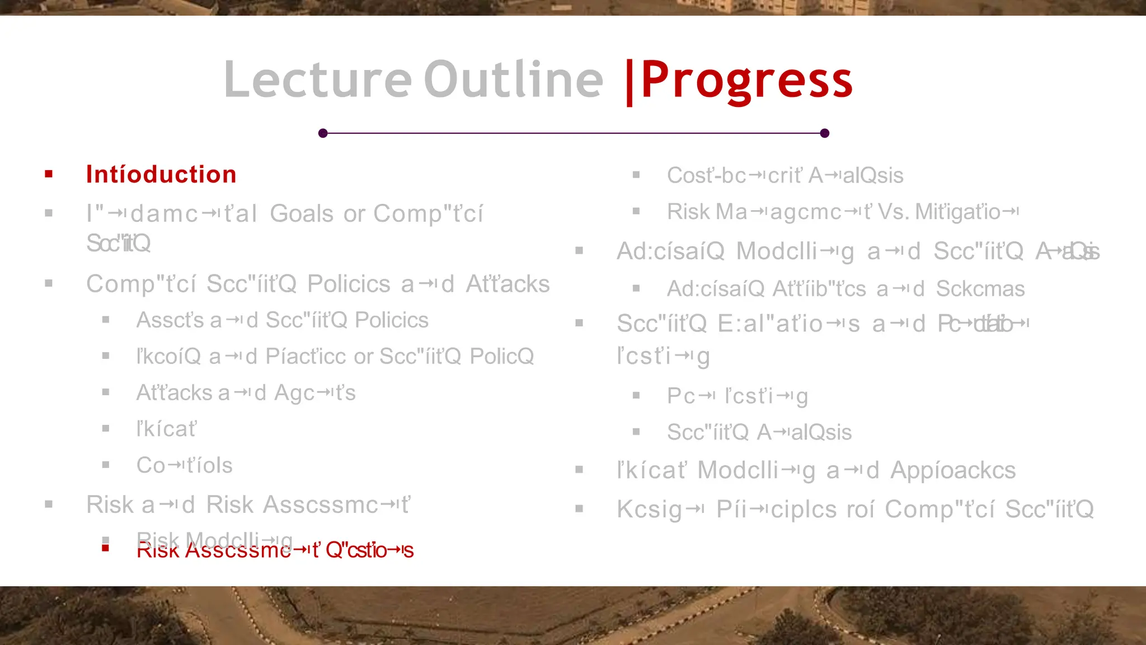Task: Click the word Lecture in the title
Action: [317, 80]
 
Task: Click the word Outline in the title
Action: [513, 80]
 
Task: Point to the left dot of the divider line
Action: [323, 133]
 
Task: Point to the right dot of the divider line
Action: [824, 133]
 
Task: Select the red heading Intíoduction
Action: [161, 175]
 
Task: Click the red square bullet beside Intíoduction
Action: [49, 174]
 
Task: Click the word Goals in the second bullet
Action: [302, 213]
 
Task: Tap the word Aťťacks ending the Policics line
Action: [508, 284]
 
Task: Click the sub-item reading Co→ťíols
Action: [184, 465]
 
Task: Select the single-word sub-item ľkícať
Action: [166, 429]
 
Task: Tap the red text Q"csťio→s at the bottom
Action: [369, 550]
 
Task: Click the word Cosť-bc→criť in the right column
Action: [734, 176]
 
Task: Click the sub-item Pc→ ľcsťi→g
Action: [737, 396]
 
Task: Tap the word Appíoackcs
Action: [952, 470]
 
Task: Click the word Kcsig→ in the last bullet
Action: [660, 510]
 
